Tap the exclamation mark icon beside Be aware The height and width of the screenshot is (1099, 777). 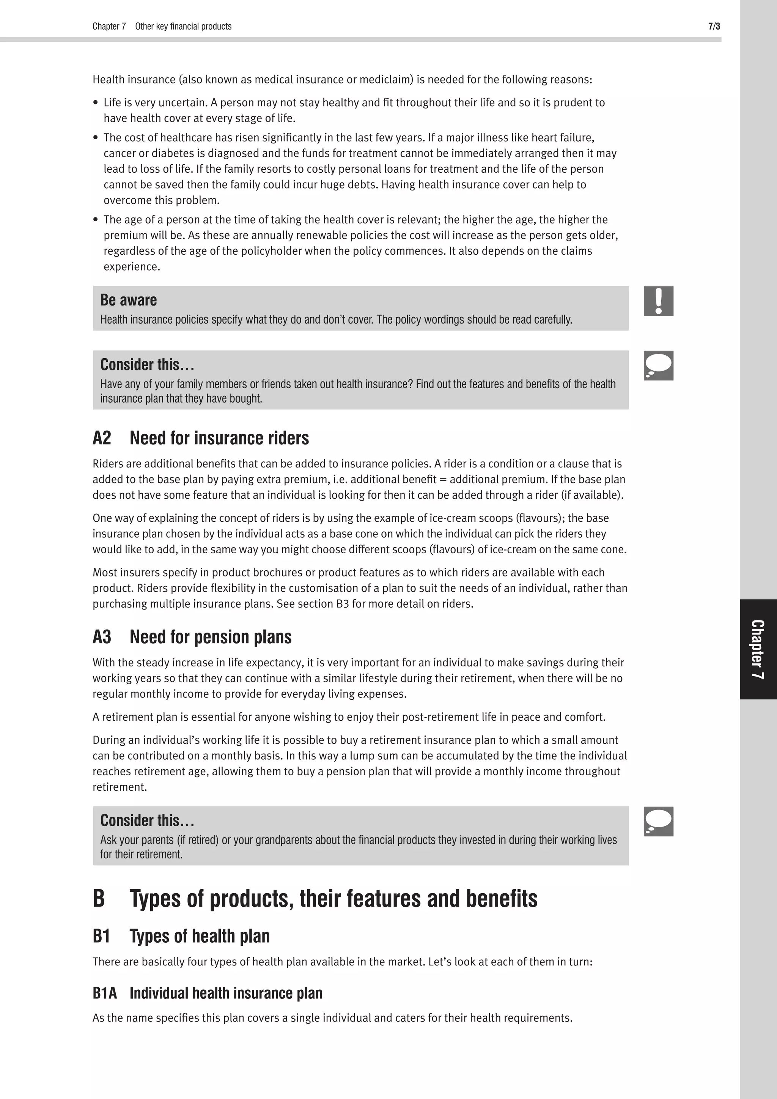(658, 301)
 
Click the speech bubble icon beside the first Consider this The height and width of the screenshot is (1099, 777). (658, 366)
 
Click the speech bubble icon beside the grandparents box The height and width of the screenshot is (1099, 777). (658, 821)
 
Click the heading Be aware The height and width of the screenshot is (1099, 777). (128, 300)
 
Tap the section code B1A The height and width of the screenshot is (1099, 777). (105, 993)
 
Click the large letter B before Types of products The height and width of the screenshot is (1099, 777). (99, 899)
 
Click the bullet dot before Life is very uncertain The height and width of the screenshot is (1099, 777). (96, 103)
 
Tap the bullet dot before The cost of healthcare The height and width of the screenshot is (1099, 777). (96, 138)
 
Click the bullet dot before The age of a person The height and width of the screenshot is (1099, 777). (96, 220)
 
